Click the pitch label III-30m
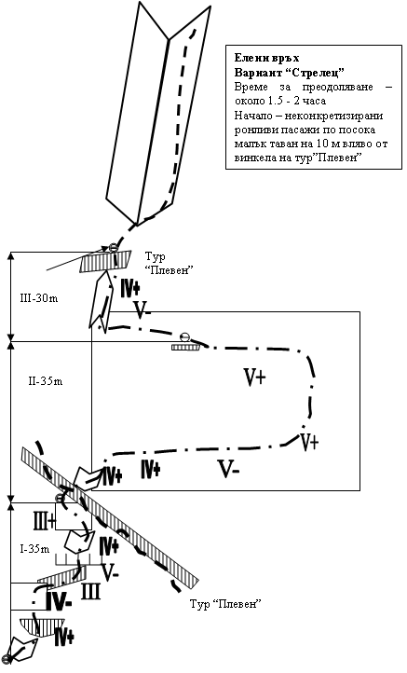(x=38, y=298)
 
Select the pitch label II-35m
(x=45, y=380)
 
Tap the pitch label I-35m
(x=34, y=548)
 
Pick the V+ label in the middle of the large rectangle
(x=255, y=378)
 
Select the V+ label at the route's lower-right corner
(x=309, y=442)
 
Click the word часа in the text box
(x=315, y=101)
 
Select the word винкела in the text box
(x=251, y=158)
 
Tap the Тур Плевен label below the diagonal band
(x=225, y=603)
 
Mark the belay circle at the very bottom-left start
(x=6, y=659)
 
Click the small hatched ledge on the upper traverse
(x=185, y=346)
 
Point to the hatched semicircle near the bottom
(x=42, y=626)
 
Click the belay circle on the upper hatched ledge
(x=113, y=247)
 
